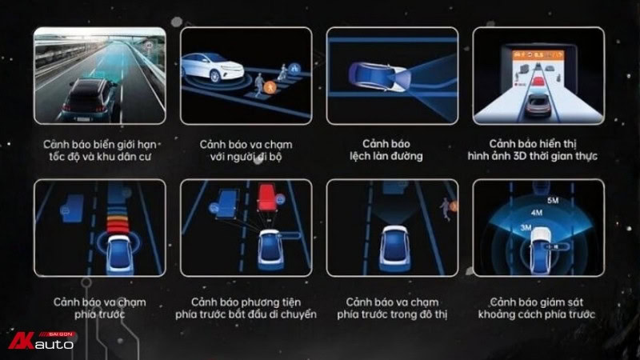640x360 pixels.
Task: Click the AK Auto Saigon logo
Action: pos(42,340)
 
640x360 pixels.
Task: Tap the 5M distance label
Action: pos(553,201)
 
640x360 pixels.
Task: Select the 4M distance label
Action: pos(536,213)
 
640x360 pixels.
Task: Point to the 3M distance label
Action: pos(526,227)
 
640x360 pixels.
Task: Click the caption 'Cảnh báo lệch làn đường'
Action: pos(386,150)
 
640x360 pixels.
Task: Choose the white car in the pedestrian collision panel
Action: pos(212,67)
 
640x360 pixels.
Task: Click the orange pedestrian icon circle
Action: pos(270,86)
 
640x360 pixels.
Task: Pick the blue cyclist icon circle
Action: pos(294,69)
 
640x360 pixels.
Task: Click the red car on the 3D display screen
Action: pos(538,82)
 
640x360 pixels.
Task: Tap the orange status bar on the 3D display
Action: pos(538,54)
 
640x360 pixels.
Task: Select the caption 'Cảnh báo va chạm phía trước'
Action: pos(99,308)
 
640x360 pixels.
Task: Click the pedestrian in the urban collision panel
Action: pos(445,209)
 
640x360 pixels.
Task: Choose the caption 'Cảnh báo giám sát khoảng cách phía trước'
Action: pos(536,308)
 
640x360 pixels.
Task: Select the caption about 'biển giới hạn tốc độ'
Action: pos(99,150)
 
